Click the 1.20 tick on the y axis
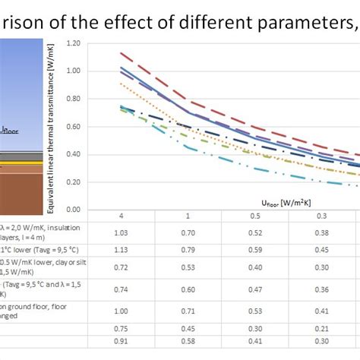click(74, 43)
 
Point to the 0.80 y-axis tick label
click(74, 99)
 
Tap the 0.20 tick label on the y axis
click(74, 182)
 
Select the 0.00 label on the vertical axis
click(74, 209)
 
